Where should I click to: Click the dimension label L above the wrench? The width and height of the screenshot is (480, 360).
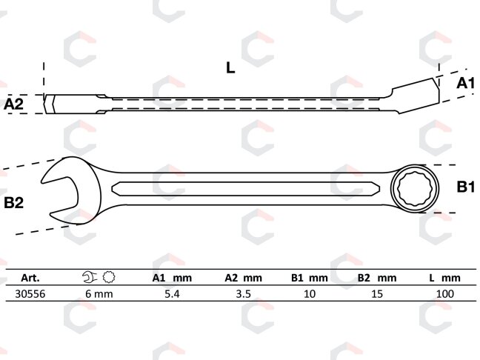(x=230, y=67)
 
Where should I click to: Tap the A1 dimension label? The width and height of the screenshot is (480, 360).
(x=465, y=83)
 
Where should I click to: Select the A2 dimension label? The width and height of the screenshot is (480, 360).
(x=13, y=104)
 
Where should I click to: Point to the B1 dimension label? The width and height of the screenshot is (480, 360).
(x=466, y=187)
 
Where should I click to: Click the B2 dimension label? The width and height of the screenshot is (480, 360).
(x=14, y=203)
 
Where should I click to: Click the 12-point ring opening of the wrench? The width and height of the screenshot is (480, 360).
(x=415, y=188)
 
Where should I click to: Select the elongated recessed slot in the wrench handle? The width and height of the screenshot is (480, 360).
(x=245, y=189)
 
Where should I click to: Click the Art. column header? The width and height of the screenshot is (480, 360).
(x=30, y=278)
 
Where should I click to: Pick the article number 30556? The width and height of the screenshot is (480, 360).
(x=30, y=294)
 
